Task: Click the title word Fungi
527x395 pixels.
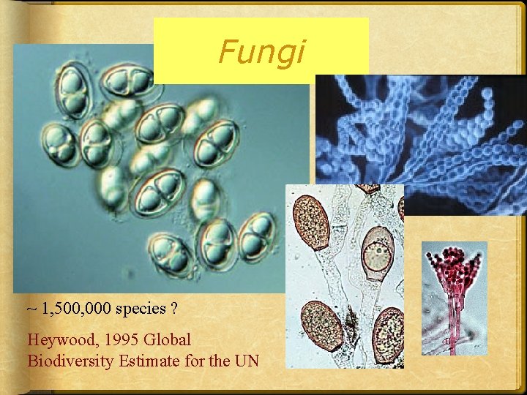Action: coord(262,52)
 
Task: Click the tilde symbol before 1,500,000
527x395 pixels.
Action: coord(31,308)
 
